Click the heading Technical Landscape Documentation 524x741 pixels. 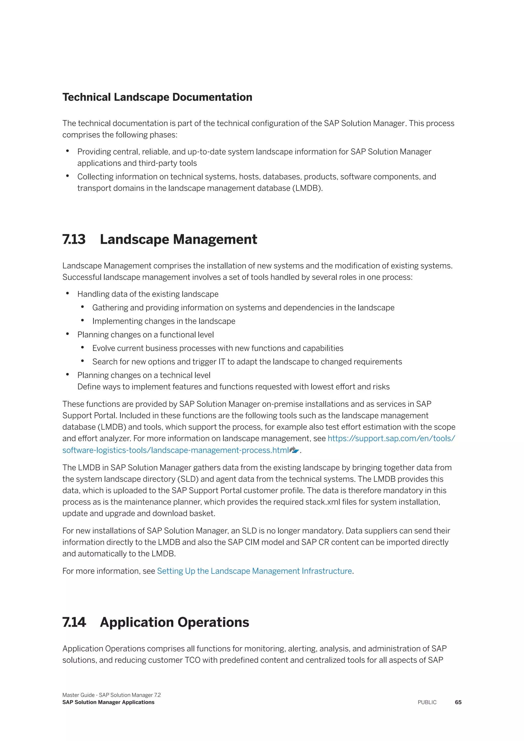(x=157, y=97)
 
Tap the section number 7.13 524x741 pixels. (x=74, y=239)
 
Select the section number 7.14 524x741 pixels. (x=74, y=622)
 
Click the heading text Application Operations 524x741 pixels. (x=174, y=622)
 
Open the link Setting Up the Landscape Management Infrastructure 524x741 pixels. (x=254, y=571)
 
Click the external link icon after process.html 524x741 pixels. (x=294, y=450)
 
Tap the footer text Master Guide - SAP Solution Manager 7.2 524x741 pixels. (x=112, y=695)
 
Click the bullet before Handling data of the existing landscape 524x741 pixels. (x=68, y=293)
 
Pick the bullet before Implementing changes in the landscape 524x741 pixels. (x=83, y=320)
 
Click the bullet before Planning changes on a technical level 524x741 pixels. (x=68, y=374)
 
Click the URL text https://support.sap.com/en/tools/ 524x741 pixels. (x=391, y=438)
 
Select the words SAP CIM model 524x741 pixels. (x=256, y=542)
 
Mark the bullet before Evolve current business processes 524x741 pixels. (x=83, y=347)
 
